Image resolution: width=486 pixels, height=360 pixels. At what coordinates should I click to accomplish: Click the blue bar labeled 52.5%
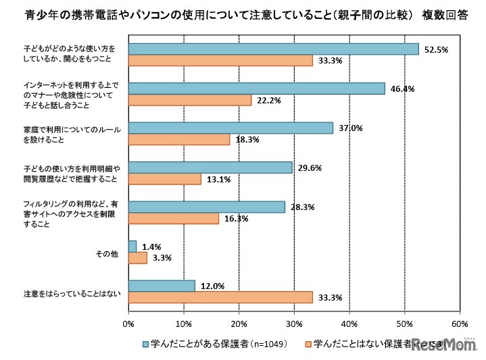[273, 49]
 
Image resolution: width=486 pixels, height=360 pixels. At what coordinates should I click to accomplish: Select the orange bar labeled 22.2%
[189, 100]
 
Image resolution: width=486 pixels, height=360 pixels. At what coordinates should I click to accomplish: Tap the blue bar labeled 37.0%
[230, 128]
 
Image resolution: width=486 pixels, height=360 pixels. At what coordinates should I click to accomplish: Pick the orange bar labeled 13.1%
[164, 179]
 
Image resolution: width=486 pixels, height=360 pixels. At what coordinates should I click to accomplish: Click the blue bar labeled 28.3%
[206, 207]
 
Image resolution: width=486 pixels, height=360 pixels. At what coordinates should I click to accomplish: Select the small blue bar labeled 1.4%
[132, 247]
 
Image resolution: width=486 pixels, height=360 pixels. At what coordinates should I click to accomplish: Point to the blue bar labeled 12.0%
[162, 286]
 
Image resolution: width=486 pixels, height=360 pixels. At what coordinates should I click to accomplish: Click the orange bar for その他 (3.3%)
[137, 257]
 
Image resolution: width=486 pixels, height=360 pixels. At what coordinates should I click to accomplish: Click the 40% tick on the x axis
[349, 324]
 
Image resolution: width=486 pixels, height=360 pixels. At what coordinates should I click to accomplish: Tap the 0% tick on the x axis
[128, 324]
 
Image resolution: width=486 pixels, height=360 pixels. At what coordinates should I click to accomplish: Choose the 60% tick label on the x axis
[460, 324]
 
